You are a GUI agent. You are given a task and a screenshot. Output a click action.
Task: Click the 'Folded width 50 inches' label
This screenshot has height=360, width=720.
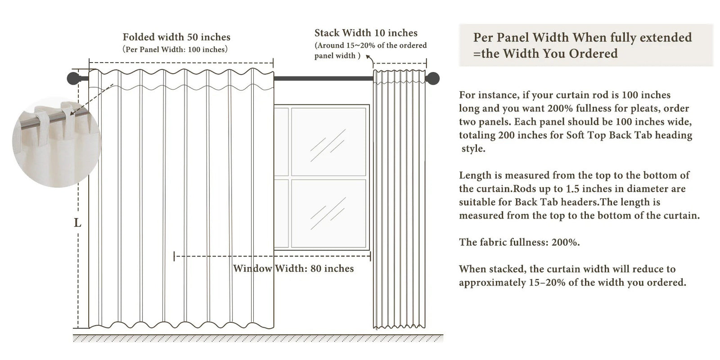coord(176,37)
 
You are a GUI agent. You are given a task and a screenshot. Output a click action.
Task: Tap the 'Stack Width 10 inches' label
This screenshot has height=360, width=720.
coord(365,33)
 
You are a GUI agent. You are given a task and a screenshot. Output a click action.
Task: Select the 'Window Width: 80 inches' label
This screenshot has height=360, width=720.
coord(293,269)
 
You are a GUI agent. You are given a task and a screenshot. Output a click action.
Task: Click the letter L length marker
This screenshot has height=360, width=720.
coord(77,223)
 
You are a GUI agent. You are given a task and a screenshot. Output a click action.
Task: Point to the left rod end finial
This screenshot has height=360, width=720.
coord(72,78)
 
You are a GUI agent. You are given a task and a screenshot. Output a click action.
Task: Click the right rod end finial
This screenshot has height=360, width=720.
coord(433,78)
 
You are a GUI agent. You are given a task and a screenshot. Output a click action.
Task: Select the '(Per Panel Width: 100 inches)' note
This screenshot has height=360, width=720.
coord(175,49)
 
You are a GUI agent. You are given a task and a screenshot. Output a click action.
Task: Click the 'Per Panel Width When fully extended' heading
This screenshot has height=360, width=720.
coord(582,37)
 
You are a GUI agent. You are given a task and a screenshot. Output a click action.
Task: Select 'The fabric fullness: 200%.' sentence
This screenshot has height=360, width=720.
coord(519,242)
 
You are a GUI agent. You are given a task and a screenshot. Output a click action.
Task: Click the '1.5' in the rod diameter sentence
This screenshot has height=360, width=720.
coord(572,189)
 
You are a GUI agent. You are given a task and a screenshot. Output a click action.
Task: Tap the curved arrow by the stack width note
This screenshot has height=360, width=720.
coord(370,58)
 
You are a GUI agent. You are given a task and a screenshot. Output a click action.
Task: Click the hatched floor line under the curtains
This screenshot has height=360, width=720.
coord(258,338)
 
